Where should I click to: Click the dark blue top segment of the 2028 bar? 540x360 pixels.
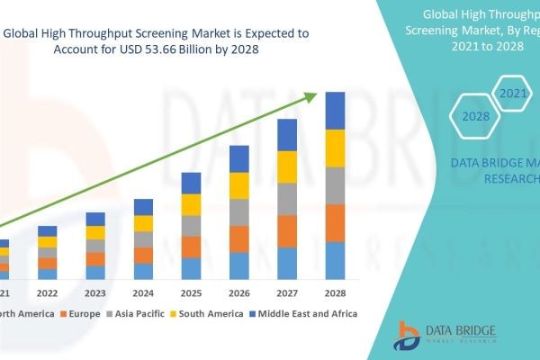tap(335, 111)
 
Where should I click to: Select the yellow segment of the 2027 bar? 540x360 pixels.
tap(287, 166)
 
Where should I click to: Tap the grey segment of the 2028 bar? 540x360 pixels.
tap(335, 185)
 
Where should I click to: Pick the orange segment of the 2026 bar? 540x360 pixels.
tap(238, 238)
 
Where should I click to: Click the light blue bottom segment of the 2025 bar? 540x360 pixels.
tap(191, 268)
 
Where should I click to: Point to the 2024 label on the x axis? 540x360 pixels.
tap(143, 292)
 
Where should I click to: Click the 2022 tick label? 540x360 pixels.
tap(47, 292)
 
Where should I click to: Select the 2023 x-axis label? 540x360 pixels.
tap(94, 292)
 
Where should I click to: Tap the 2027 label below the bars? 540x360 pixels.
tap(287, 292)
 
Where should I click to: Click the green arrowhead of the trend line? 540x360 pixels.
tap(313, 95)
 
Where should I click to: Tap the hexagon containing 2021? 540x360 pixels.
tap(512, 93)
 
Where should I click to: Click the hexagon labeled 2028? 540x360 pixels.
tap(475, 115)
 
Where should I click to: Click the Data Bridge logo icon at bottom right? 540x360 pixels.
tap(408, 335)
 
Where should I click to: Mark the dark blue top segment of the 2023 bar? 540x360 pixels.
tap(94, 219)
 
